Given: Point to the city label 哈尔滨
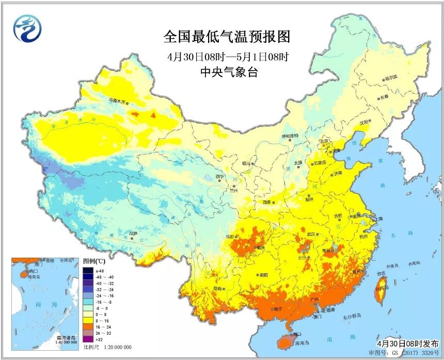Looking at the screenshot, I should point(391,77).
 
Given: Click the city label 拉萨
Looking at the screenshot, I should point(133,233).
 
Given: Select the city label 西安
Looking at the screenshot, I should point(267,203).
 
